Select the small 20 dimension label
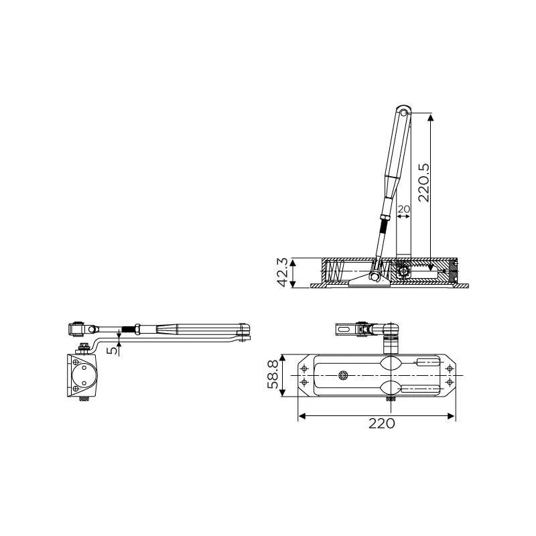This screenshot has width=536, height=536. (x=403, y=209)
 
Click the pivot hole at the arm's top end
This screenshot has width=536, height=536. (x=402, y=112)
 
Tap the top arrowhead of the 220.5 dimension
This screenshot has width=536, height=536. (x=430, y=118)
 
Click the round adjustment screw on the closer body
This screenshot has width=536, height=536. (x=344, y=376)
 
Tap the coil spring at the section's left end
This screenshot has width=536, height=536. (x=335, y=272)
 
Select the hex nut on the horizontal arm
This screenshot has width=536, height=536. (x=137, y=329)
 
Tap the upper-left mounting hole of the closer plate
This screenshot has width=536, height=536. (x=306, y=368)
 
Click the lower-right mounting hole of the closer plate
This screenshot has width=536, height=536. (x=448, y=383)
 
